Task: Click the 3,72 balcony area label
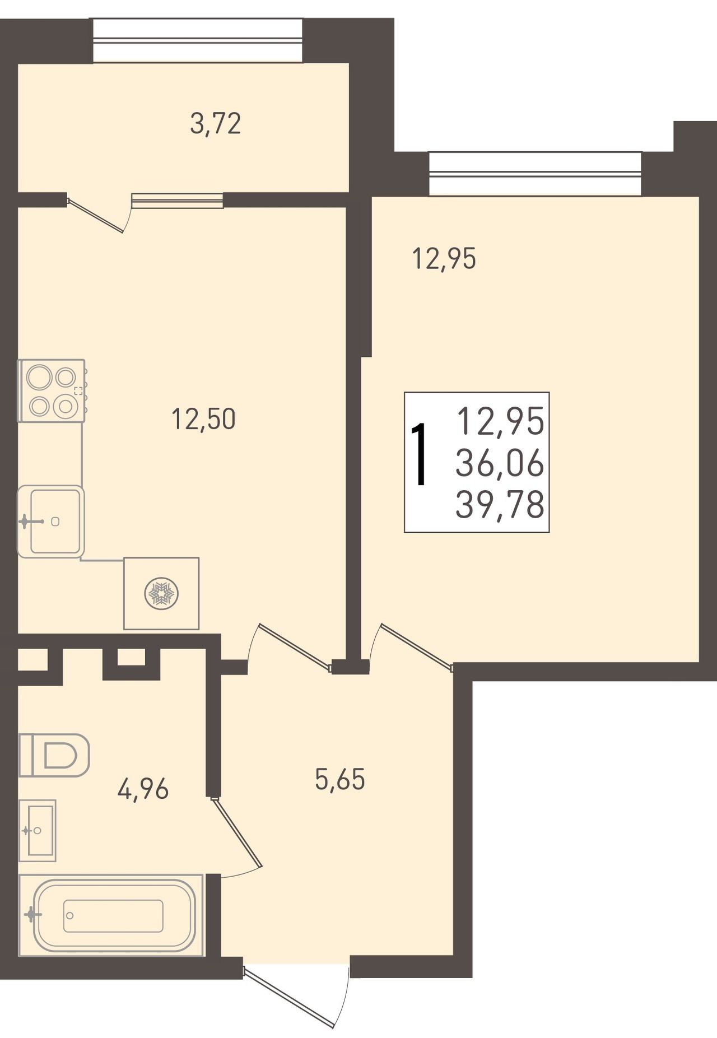pos(216,124)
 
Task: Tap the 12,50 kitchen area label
pos(203,419)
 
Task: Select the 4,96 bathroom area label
pos(143,790)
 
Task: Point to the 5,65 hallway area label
pos(340,779)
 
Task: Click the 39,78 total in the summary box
pos(500,505)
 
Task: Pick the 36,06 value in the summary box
pos(500,464)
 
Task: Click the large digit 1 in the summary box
pos(420,454)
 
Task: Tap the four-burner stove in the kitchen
pos(52,390)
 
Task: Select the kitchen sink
pos(50,522)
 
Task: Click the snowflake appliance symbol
pos(161,594)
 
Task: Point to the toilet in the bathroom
pos(54,755)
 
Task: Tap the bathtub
pos(112,915)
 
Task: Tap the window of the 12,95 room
pos(535,174)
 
